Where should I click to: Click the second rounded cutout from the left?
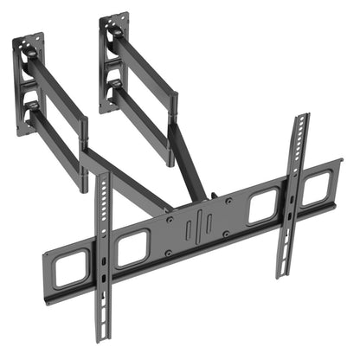132,247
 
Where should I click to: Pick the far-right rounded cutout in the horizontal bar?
316,190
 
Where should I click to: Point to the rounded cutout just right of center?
263,208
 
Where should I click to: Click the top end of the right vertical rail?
300,119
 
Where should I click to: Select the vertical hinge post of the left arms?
84,156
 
